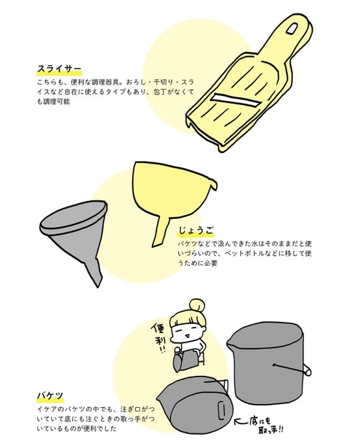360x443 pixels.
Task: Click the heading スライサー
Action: [x=59, y=69]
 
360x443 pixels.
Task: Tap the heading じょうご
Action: [x=195, y=231]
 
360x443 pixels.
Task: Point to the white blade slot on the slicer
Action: [x=235, y=101]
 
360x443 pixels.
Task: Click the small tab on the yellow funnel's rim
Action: [x=213, y=183]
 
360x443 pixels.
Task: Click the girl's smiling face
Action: [x=187, y=332]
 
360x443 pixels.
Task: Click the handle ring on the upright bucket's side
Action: [x=307, y=370]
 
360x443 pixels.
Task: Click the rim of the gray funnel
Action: [x=74, y=215]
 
